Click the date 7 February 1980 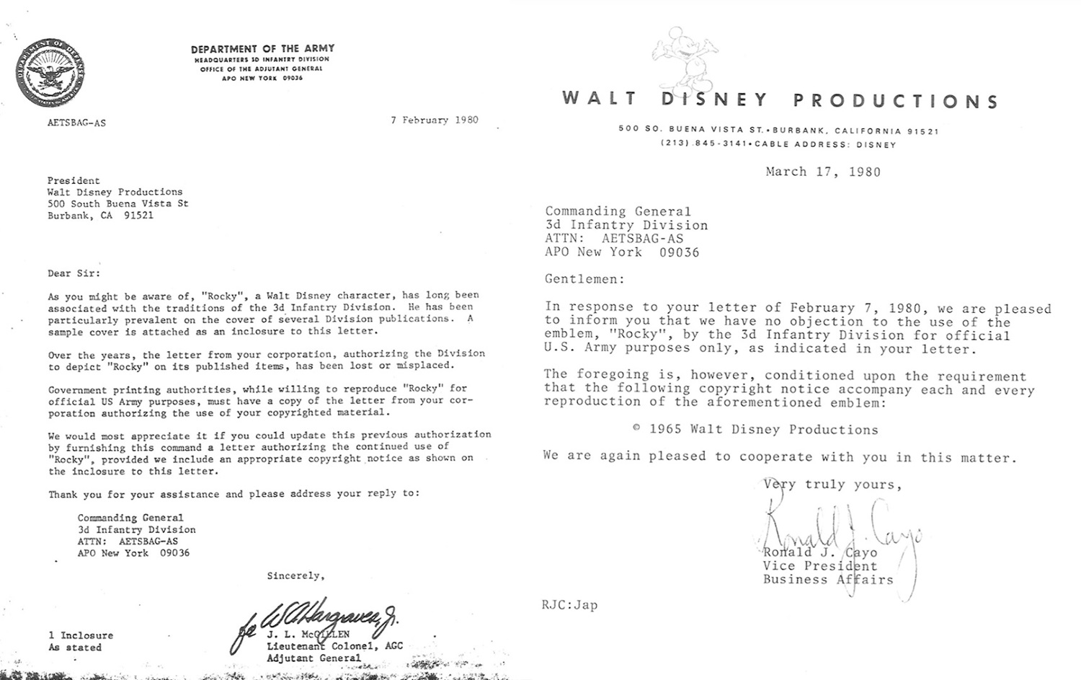pos(435,120)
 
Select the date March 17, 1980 pos(823,172)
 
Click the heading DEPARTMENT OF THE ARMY pos(262,49)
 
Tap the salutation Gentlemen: pos(585,279)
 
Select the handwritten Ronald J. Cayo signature pos(840,530)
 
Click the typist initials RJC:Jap pos(569,605)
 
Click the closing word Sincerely pos(295,576)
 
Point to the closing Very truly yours pos(832,485)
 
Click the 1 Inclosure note pos(81,635)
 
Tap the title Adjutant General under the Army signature pos(313,658)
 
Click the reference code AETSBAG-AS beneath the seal pos(76,123)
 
